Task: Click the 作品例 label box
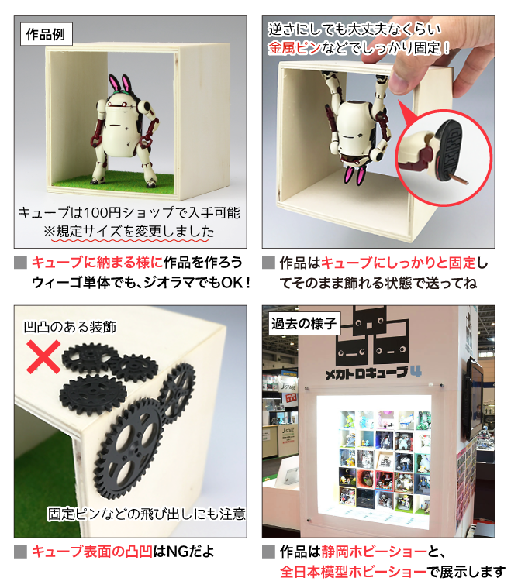click(47, 35)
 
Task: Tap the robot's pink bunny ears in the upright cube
click(120, 84)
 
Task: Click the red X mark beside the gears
click(43, 357)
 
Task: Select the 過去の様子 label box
click(304, 323)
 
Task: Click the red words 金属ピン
click(295, 48)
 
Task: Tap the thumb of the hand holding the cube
click(401, 81)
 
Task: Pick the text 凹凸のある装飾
click(70, 327)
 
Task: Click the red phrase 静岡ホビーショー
click(374, 552)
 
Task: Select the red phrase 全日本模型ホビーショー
click(354, 572)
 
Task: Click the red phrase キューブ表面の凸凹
click(92, 552)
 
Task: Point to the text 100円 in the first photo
click(102, 212)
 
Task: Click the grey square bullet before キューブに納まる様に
click(21, 263)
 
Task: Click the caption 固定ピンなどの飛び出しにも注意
click(147, 514)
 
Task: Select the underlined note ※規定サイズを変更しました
click(129, 232)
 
